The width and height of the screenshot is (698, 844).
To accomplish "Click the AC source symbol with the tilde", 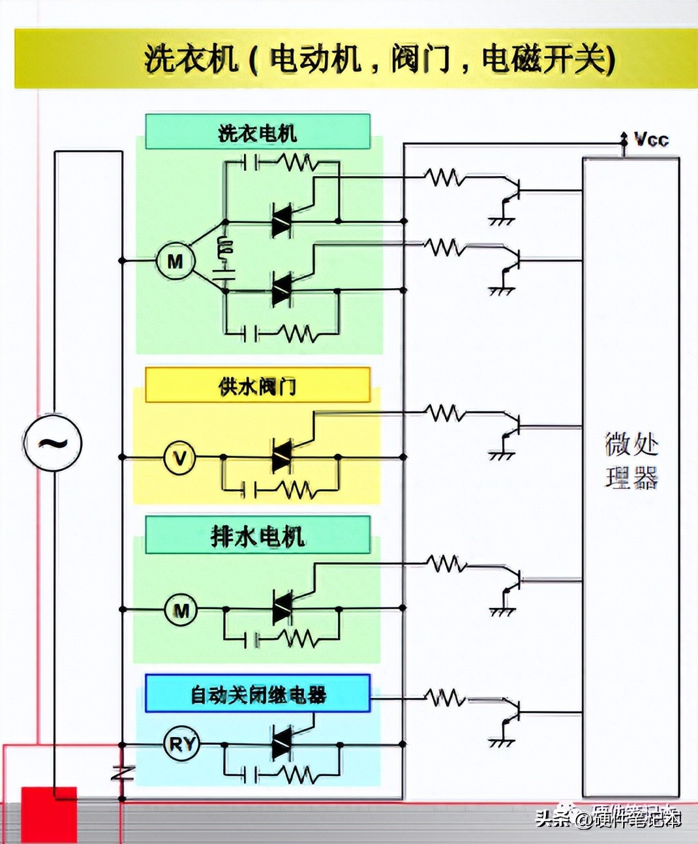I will pyautogui.click(x=53, y=443).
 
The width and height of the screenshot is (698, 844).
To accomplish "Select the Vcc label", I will pyautogui.click(x=651, y=139).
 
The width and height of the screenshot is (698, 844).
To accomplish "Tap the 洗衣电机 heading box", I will pyautogui.click(x=258, y=132).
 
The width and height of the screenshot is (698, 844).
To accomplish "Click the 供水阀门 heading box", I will pyautogui.click(x=258, y=385).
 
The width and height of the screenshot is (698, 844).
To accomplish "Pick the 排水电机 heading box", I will pyautogui.click(x=258, y=535).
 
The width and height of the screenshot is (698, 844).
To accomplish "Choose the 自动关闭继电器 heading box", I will pyautogui.click(x=258, y=693).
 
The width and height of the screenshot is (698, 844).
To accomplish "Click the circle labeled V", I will pyautogui.click(x=179, y=458).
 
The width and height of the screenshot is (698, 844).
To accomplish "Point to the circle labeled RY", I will pyautogui.click(x=181, y=744).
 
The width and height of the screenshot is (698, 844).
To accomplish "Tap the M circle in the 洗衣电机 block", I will pyautogui.click(x=175, y=262).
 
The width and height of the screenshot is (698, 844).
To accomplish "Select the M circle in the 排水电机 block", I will pyautogui.click(x=181, y=610).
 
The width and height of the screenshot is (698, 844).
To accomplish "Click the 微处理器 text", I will pyautogui.click(x=631, y=460).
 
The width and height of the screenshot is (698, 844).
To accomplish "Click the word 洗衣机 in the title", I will pyautogui.click(x=190, y=59).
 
